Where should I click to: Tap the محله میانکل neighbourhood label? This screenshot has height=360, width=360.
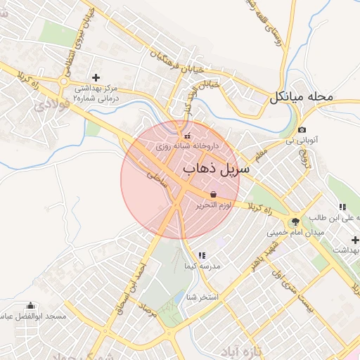tap(309, 96)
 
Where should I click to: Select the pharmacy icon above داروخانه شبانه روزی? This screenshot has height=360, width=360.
tap(186, 136)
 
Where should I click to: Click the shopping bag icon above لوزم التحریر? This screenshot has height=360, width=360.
tap(213, 193)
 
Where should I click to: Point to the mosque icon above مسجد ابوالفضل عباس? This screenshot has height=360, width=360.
tap(30, 306)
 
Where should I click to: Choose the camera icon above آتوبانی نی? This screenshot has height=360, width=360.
tap(302, 130)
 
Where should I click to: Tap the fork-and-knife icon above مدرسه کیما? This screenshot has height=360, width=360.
tap(201, 255)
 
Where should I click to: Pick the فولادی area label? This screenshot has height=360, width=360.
tap(49, 105)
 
